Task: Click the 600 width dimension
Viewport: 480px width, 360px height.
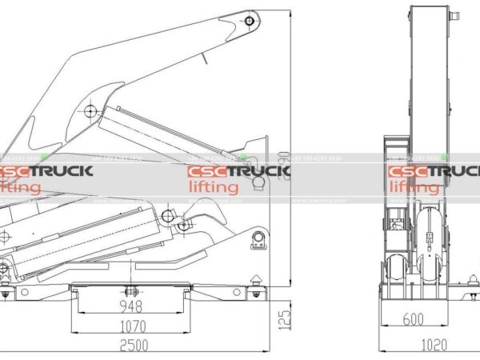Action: click(413, 319)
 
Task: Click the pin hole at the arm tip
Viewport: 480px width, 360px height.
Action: click(250, 18)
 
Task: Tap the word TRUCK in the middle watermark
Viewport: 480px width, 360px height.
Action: click(257, 172)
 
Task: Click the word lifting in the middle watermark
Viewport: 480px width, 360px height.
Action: click(213, 187)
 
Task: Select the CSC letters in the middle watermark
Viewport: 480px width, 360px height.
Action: click(206, 172)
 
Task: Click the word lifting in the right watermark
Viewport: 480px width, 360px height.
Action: click(414, 187)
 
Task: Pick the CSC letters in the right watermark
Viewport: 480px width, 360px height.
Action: click(407, 172)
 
